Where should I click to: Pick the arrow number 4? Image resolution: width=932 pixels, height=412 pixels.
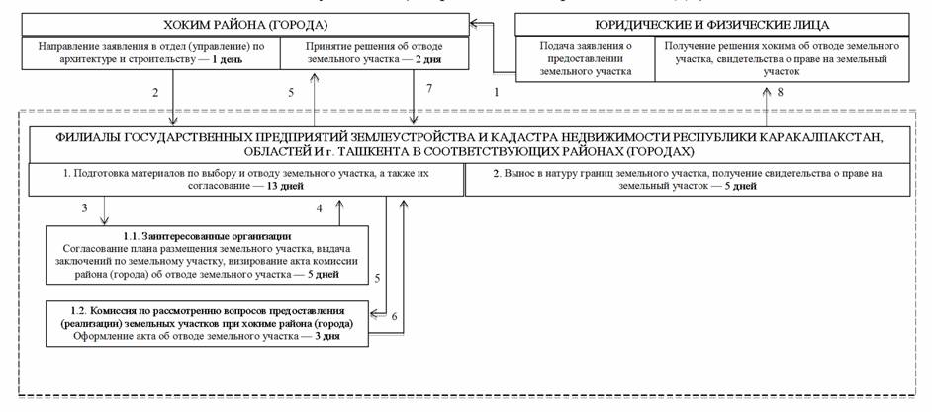(320, 208)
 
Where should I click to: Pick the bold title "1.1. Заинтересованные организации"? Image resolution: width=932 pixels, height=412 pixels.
(208, 235)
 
